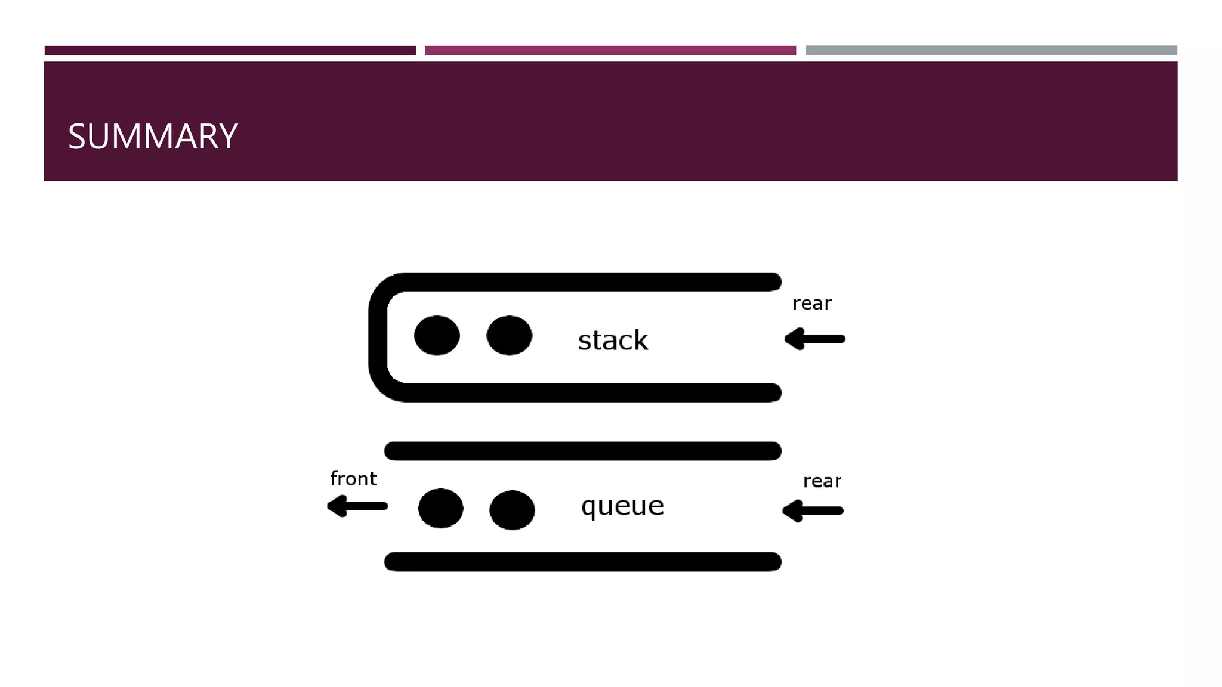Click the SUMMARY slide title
153,137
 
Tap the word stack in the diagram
613,341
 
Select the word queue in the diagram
622,506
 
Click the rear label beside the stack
811,304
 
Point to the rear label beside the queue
822,481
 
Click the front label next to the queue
353,479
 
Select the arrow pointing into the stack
815,339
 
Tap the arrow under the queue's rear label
813,510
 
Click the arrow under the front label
357,506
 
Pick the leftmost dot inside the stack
437,336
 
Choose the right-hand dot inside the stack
509,336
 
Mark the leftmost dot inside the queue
440,508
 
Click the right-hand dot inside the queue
512,510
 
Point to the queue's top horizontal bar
582,451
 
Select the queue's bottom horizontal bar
582,562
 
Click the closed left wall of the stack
378,337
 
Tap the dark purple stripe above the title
230,51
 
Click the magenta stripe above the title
610,51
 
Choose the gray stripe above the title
991,51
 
